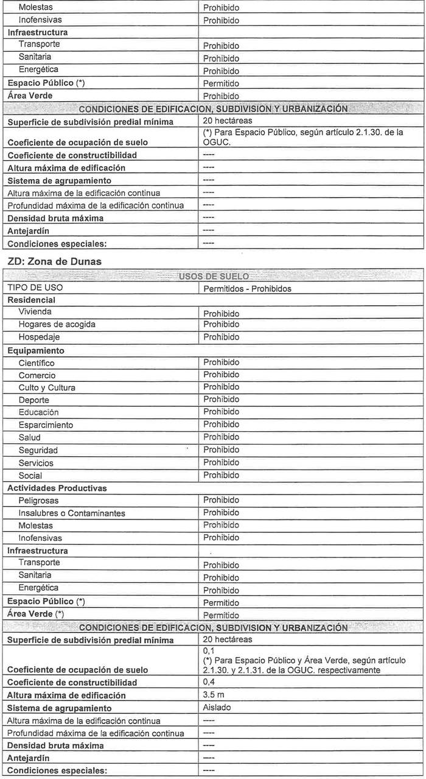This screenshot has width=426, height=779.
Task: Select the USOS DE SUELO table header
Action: (212, 276)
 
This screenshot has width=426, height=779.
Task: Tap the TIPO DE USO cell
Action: (36, 287)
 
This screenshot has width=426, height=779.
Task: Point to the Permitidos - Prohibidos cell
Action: (247, 289)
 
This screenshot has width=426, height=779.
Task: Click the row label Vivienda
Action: (35, 312)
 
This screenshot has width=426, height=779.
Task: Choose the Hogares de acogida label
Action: (57, 325)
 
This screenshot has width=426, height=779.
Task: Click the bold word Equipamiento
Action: (35, 351)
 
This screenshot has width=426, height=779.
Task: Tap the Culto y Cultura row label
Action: (47, 388)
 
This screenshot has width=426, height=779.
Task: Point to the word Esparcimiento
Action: (46, 425)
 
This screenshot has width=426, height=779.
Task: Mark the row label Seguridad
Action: (38, 450)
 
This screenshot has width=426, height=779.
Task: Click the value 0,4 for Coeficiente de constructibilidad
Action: (209, 682)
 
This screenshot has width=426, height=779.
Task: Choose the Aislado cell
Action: (217, 708)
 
